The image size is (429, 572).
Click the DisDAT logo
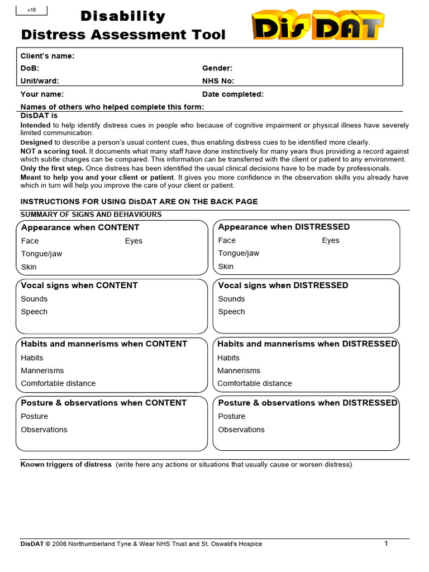point(318,26)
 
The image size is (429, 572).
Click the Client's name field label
point(47,56)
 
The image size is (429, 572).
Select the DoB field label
point(30,68)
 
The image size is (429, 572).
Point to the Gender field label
point(217,68)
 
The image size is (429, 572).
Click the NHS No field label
point(218,81)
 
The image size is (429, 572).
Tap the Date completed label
point(233,94)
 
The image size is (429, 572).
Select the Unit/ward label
point(40,81)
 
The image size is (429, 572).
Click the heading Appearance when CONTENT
point(80,227)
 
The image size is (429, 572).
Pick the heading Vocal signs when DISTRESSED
point(283,285)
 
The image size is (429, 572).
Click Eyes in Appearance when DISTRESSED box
point(330,241)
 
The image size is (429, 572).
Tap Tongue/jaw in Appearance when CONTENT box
point(41,254)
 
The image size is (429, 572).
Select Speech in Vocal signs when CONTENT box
point(34,312)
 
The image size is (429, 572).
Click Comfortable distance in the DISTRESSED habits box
point(254,383)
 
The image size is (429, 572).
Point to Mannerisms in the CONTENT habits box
point(42,370)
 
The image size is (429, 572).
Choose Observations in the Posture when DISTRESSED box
point(241,430)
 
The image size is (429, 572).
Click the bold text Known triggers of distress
point(66,465)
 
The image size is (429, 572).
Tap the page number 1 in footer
point(385,544)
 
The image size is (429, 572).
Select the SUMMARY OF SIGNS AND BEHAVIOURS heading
point(91,214)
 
